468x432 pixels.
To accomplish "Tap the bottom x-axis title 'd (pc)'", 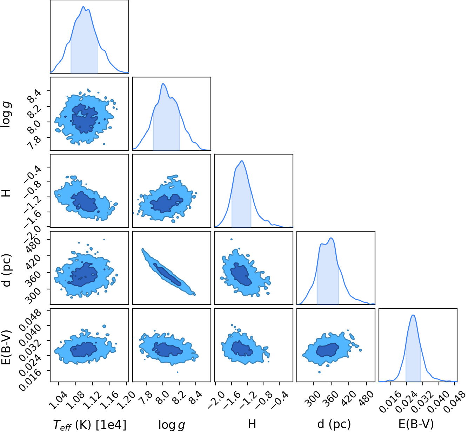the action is (334, 424).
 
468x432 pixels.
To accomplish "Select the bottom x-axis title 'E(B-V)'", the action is (416, 424).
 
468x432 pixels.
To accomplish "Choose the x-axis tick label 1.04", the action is (56, 400).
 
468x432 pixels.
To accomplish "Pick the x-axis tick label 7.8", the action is (146, 398).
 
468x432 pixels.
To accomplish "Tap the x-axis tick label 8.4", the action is (195, 398).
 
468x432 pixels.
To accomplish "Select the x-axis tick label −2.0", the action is (216, 400).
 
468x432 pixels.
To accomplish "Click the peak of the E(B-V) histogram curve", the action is (413, 315).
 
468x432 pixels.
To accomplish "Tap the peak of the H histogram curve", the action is (242, 161).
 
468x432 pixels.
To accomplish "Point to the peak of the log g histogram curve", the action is (162, 84).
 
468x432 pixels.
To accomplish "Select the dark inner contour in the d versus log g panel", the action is (168, 274).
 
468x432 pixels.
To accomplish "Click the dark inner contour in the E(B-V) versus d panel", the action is (327, 350).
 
